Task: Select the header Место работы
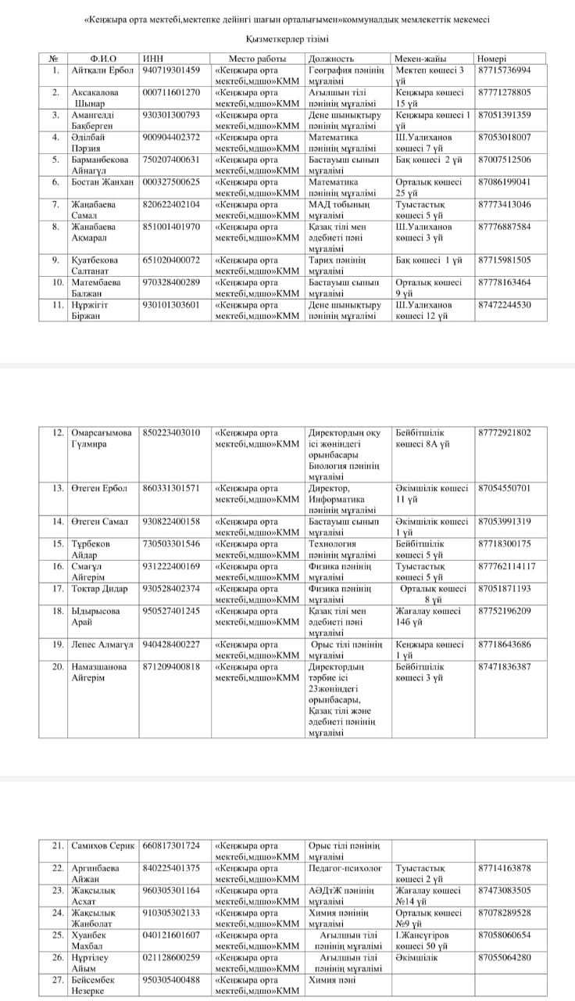[257, 58]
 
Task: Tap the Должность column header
[332, 58]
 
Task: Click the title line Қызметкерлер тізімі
[287, 38]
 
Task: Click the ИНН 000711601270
[171, 92]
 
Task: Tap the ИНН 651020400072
[171, 260]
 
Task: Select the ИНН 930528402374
[171, 588]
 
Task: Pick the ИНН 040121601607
[171, 935]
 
